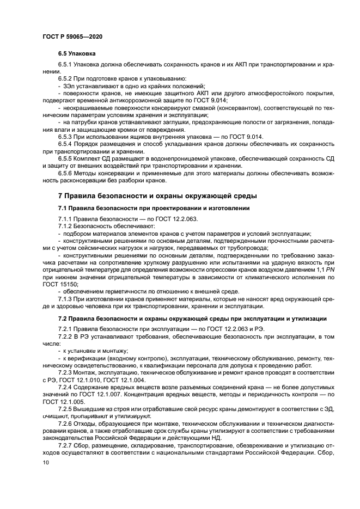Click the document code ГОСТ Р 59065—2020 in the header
(x=72, y=35)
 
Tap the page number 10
(x=45, y=462)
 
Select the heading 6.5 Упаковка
(x=77, y=54)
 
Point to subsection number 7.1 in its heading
(x=63, y=208)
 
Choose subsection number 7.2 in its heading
(x=63, y=318)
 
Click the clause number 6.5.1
(x=66, y=65)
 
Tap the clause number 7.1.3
(x=66, y=299)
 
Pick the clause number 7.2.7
(x=66, y=445)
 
